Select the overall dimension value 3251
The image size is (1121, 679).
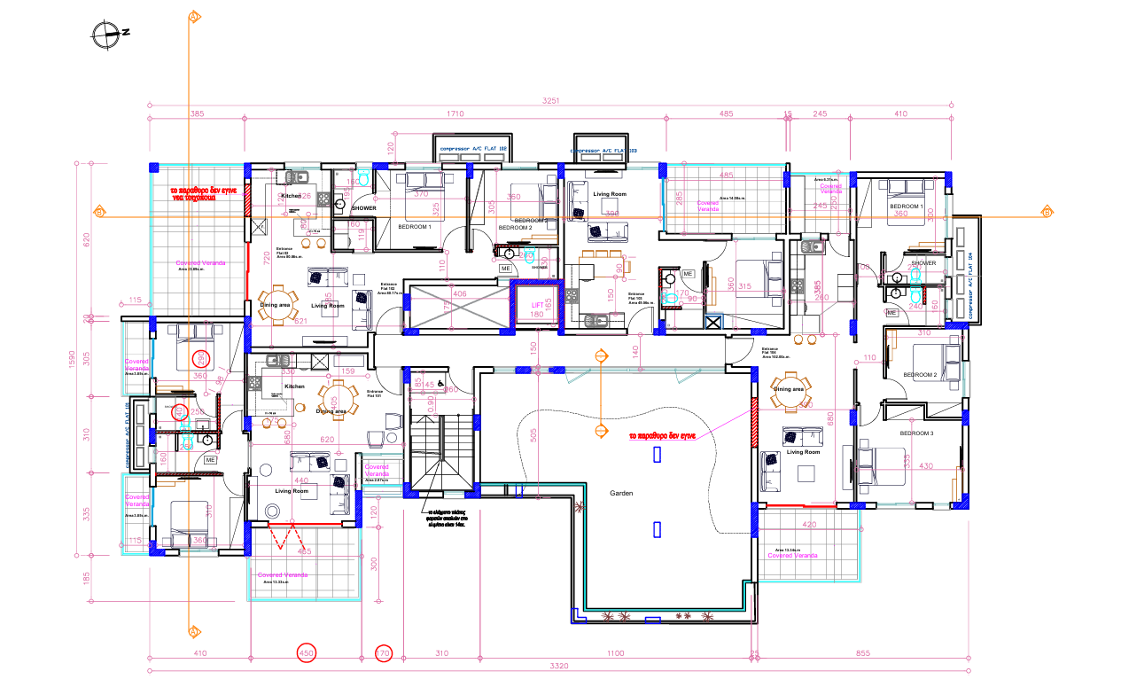click(551, 101)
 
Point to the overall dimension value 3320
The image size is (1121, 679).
click(558, 665)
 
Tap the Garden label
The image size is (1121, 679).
click(621, 493)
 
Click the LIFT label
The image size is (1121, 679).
click(536, 304)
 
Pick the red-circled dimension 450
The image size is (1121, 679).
click(306, 653)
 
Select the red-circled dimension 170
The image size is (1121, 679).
click(383, 653)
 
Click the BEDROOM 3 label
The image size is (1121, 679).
click(916, 433)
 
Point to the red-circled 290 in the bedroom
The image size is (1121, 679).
click(201, 358)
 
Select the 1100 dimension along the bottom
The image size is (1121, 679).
click(615, 653)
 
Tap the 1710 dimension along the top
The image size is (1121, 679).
click(455, 114)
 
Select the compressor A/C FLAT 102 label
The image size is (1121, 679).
click(472, 149)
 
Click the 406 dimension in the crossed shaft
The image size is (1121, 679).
click(459, 293)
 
